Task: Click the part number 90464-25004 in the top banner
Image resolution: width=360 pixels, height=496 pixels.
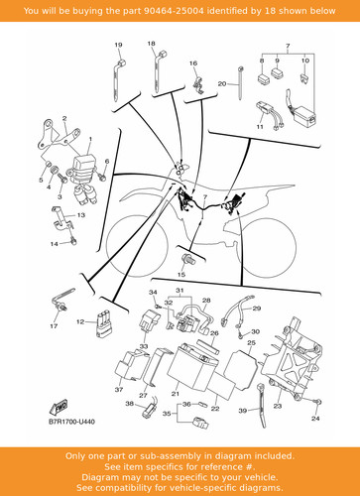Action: click(x=174, y=11)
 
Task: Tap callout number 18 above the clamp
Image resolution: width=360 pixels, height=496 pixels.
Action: click(x=151, y=44)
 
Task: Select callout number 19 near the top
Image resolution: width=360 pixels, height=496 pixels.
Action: click(x=118, y=45)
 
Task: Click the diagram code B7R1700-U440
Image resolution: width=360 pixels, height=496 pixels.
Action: click(x=71, y=422)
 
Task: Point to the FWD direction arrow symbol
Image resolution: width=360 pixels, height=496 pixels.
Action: click(x=60, y=407)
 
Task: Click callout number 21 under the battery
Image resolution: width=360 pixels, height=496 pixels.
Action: click(x=176, y=394)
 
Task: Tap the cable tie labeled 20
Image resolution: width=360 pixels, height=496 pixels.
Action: click(x=240, y=83)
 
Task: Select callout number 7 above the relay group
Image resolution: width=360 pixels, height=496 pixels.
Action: click(x=288, y=46)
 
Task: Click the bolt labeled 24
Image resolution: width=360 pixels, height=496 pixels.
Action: click(x=317, y=402)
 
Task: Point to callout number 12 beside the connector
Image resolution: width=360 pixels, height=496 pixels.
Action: click(x=80, y=321)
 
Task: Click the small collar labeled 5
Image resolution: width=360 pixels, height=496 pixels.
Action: click(x=48, y=164)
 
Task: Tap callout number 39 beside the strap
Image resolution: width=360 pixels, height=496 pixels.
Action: click(x=243, y=411)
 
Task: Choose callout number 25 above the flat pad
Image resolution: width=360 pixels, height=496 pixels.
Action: click(x=252, y=343)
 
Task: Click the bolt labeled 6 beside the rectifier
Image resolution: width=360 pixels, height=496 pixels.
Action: click(x=102, y=177)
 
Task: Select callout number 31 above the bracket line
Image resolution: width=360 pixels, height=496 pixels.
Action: click(x=180, y=291)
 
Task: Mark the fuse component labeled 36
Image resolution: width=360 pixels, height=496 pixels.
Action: click(x=201, y=405)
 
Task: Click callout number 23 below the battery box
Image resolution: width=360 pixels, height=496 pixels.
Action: click(x=278, y=406)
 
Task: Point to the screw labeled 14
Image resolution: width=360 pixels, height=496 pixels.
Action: click(x=73, y=241)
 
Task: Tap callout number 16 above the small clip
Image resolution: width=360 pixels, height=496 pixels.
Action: click(x=193, y=63)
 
